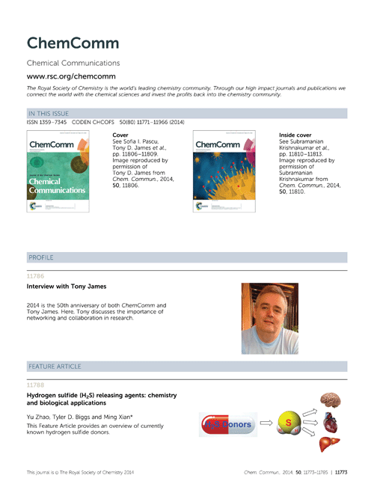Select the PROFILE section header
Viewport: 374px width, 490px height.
(40, 257)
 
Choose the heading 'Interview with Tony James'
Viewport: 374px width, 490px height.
(67, 287)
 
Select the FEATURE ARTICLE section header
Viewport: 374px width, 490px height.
(56, 367)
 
